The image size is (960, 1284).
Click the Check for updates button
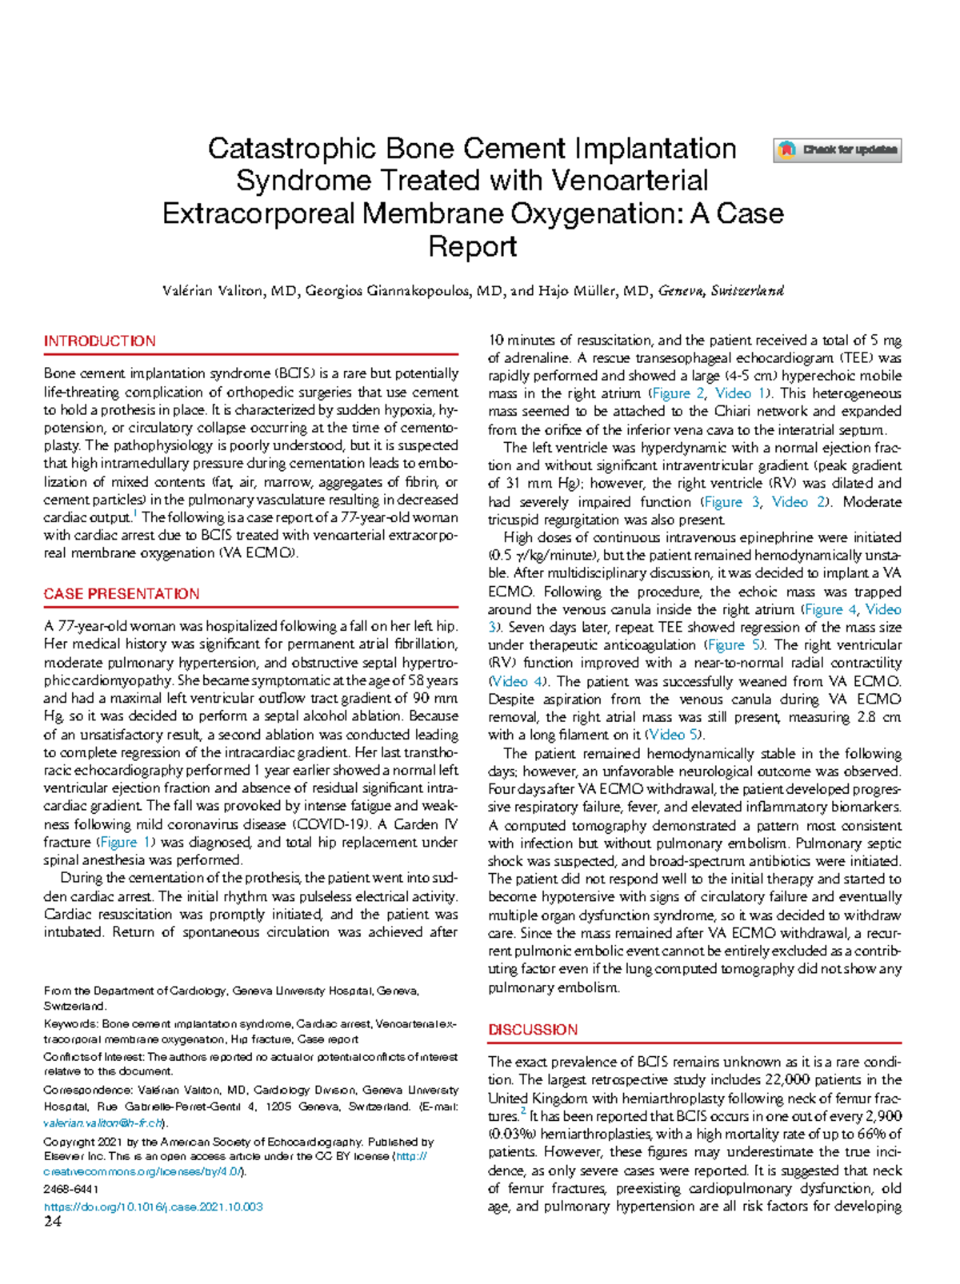[x=837, y=150]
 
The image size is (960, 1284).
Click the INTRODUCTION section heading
[x=100, y=341]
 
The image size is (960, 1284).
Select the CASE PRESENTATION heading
[x=122, y=594]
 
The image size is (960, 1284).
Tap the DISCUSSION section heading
[x=533, y=1030]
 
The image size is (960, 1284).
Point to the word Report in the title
[x=472, y=246]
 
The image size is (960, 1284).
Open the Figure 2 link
[x=678, y=393]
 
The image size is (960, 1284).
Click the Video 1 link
[x=740, y=393]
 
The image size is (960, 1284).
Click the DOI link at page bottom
[x=154, y=1206]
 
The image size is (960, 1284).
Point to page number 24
[x=53, y=1221]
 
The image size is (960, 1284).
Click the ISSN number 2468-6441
[x=71, y=1190]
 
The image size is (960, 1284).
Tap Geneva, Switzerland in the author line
[x=720, y=291]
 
